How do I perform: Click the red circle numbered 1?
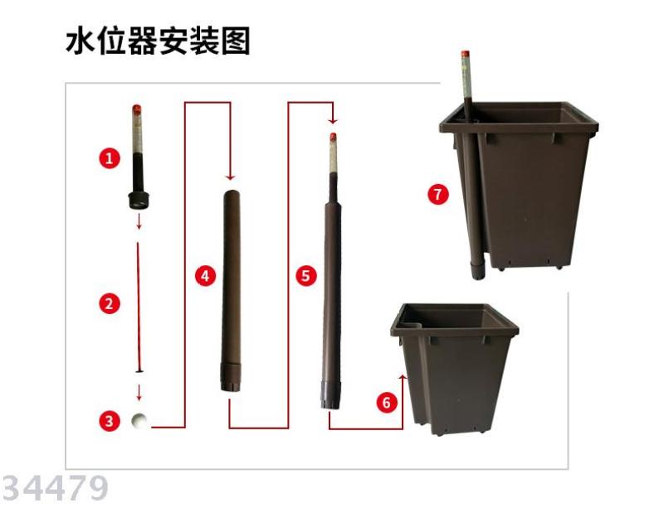[110, 158]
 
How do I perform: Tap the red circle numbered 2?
[110, 304]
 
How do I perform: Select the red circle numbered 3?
[110, 421]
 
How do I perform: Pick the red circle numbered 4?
[205, 276]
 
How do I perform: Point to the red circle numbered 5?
[306, 276]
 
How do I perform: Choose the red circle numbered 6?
[387, 402]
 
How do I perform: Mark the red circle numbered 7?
[438, 195]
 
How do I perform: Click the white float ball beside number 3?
[139, 421]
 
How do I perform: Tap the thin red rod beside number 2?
[138, 307]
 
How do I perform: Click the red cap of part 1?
[137, 109]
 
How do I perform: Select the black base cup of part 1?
[139, 200]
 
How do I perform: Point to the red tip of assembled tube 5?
[334, 138]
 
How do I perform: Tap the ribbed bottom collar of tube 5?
[330, 395]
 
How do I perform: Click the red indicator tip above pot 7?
[465, 55]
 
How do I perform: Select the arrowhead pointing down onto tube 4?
[230, 177]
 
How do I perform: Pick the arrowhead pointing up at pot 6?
[403, 378]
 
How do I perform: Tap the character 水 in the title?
[80, 41]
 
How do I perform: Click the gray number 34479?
[55, 489]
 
